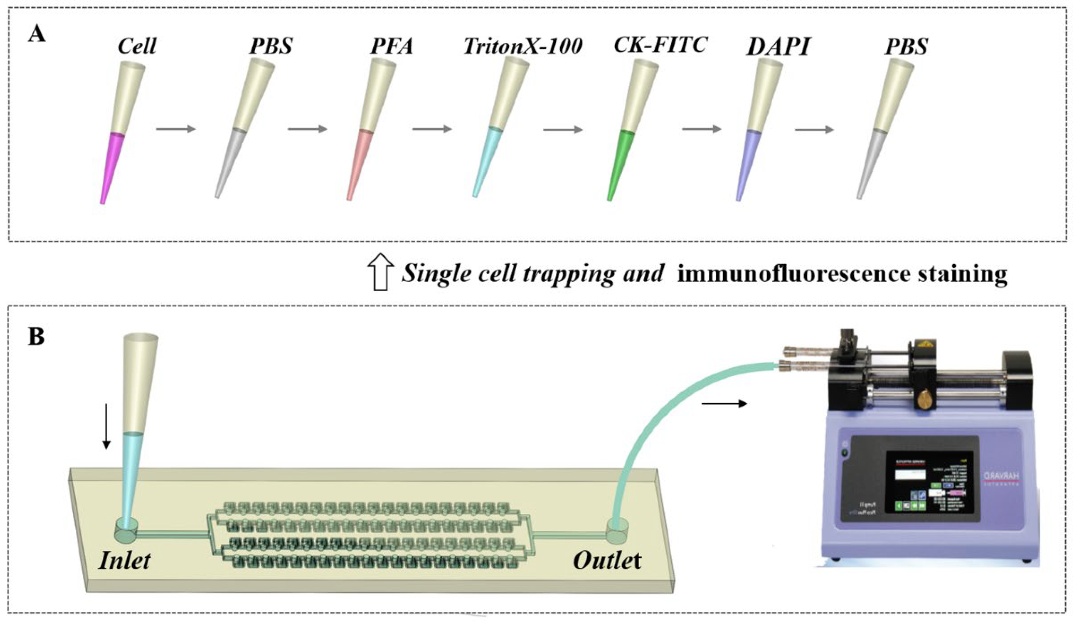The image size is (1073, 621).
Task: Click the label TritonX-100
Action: [523, 46]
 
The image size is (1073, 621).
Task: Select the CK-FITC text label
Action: [660, 44]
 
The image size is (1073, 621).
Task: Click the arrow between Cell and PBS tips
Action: [175, 129]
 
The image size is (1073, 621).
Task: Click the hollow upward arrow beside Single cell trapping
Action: [380, 271]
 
